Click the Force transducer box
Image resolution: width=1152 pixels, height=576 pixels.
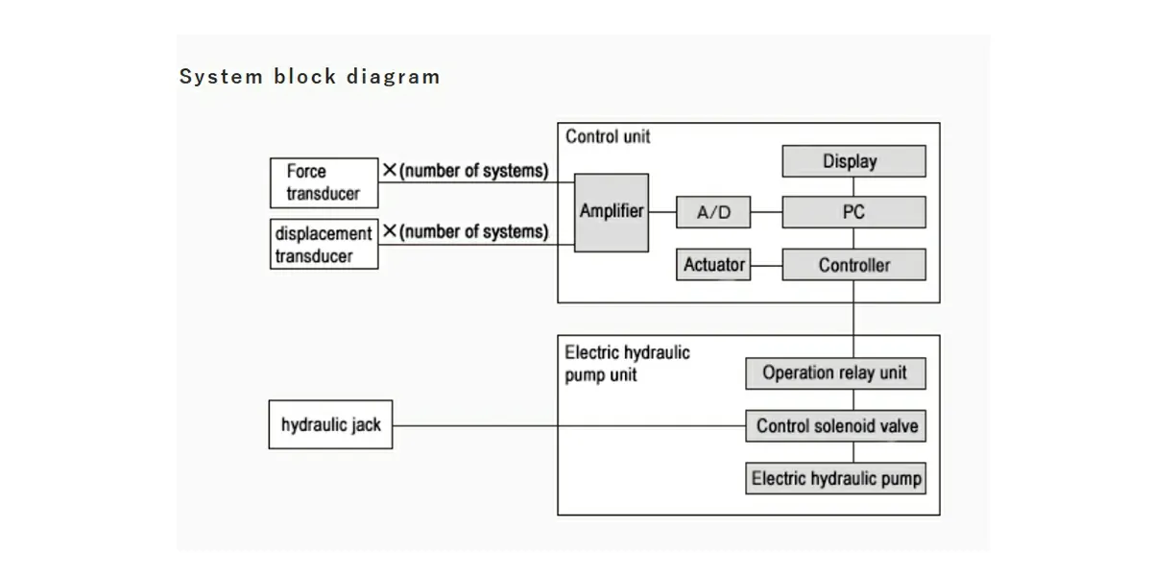coord(324,182)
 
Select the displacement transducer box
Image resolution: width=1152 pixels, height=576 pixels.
coord(324,244)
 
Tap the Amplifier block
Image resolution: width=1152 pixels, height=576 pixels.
coord(612,212)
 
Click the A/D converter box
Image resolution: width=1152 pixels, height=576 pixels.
coord(713,212)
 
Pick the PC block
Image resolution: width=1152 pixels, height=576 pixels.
coord(853,212)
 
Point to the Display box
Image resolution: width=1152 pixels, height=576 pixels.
coord(853,161)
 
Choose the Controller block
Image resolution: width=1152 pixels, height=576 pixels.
coord(853,265)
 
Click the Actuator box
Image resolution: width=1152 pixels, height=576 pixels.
coord(713,265)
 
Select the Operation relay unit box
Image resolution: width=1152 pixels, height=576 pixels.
coord(834,372)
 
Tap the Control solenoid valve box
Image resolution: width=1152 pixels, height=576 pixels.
coord(834,425)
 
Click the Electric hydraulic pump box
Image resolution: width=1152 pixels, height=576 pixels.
coord(834,478)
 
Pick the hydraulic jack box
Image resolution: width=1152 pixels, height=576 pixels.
coord(330,425)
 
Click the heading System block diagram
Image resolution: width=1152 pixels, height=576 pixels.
coord(309,77)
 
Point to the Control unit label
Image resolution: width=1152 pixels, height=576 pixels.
coord(608,136)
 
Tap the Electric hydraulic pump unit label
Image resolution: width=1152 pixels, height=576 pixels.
coord(627,363)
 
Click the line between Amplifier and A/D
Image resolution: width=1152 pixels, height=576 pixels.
coord(662,212)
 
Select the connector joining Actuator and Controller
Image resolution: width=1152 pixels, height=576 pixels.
coord(766,265)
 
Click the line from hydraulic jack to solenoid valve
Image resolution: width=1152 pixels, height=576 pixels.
coord(566,425)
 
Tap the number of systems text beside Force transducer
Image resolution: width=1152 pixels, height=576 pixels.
coord(466,171)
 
